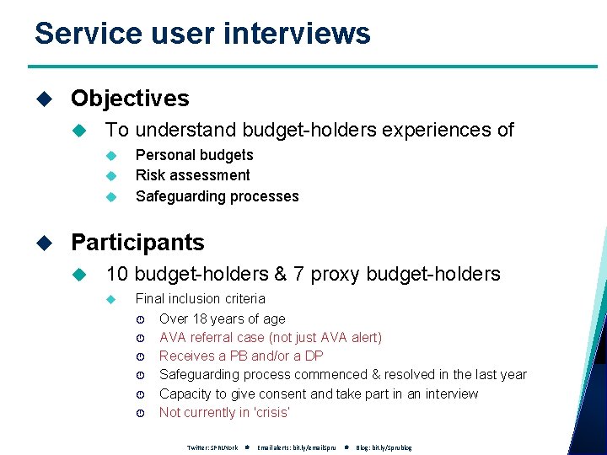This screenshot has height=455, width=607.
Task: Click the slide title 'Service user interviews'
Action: coord(202,34)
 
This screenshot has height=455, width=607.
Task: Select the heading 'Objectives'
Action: coord(130,99)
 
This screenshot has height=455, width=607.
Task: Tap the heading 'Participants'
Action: coord(137,243)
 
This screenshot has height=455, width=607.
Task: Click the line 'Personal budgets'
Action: coord(194,155)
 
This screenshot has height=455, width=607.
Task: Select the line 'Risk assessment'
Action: coord(192,175)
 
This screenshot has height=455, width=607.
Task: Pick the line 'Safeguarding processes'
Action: coord(217,196)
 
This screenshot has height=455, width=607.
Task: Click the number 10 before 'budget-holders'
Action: coord(116,274)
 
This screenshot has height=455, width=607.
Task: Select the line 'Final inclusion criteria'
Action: coord(200,298)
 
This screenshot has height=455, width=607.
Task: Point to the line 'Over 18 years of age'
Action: coord(222,318)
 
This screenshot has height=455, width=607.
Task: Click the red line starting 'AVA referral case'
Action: coord(270,337)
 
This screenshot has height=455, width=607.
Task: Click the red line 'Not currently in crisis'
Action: coord(224,412)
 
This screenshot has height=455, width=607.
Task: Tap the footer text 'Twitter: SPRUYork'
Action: coord(212,447)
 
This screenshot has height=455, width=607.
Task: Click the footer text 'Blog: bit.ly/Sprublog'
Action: coord(384,447)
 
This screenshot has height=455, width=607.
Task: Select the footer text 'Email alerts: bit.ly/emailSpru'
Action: coord(296,447)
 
